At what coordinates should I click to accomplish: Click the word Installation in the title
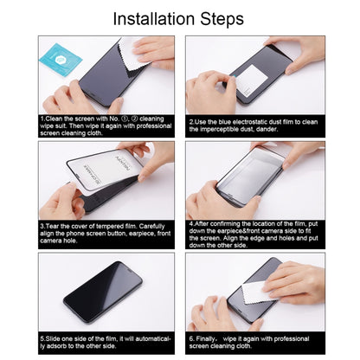coord(154,19)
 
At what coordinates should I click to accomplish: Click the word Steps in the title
coord(222,20)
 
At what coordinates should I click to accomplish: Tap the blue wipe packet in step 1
coord(61,60)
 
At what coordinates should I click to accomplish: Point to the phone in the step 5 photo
coord(103,292)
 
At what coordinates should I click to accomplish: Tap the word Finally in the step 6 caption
coord(205,339)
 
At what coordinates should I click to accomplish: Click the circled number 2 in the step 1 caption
coord(133,119)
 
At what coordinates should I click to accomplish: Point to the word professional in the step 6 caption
coord(291,339)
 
